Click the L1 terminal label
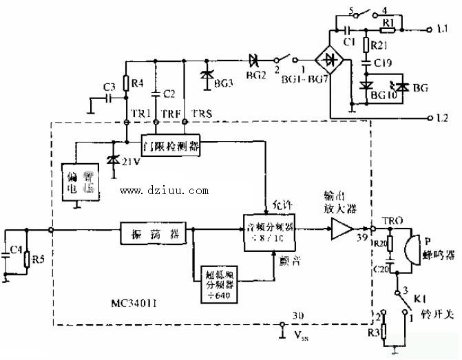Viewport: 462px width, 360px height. tap(444, 30)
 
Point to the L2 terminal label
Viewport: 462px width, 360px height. tap(444, 118)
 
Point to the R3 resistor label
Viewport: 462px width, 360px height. tap(375, 333)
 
